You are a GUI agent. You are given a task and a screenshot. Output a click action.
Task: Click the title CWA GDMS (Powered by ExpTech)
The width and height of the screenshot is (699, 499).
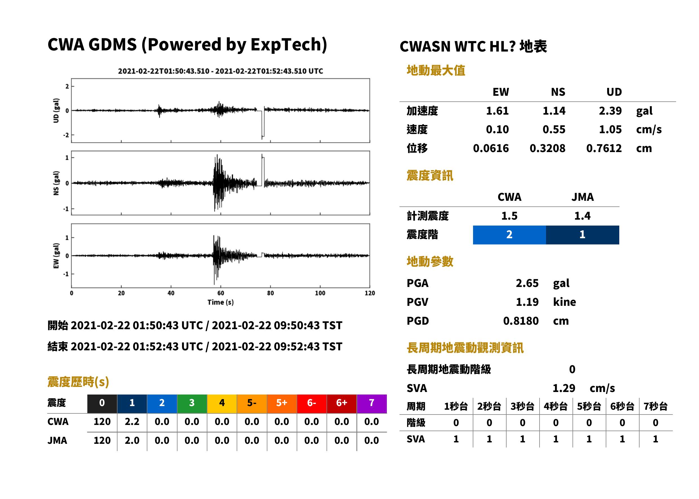pos(187,44)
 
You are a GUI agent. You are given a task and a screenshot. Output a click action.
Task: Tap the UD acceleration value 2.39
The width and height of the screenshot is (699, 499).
pos(610,111)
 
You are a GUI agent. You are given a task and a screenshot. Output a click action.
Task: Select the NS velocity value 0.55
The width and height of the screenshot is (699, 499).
pos(554,130)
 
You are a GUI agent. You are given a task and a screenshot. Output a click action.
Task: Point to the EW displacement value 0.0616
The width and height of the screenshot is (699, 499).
pos(491,148)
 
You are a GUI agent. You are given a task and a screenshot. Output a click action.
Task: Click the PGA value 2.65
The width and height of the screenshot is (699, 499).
pos(527,283)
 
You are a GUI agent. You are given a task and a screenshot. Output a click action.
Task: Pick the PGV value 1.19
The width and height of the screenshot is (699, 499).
pos(527,302)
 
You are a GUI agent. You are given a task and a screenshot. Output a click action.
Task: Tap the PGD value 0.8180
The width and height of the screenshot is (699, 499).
pos(521,321)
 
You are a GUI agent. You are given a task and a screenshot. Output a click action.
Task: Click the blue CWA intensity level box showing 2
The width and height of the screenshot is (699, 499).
pos(509,235)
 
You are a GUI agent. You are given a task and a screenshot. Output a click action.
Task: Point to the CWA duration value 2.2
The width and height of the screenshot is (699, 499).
pos(132,422)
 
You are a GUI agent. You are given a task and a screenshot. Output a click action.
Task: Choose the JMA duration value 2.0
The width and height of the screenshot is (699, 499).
pos(132,441)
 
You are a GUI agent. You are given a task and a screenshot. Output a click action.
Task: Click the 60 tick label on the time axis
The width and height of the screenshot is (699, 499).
pos(221,293)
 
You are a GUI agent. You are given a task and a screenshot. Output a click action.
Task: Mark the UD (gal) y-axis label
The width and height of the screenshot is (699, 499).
pos(56,111)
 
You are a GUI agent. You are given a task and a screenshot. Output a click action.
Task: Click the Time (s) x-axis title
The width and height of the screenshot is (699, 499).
pos(220,302)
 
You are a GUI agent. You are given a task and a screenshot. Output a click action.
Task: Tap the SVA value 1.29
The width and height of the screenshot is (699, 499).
pos(564,388)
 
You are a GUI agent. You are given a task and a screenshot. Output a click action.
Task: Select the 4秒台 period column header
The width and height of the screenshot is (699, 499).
pos(555,407)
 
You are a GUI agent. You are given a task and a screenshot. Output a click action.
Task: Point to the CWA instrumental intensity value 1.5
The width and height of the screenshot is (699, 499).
pos(509,216)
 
